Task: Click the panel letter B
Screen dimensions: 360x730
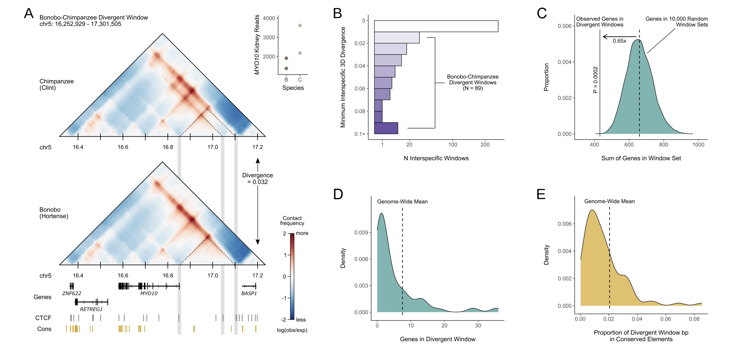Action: click(337, 14)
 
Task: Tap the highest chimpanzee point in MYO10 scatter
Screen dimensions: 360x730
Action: click(300, 25)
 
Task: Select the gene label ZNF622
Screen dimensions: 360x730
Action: click(71, 293)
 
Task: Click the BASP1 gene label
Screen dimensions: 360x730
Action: click(249, 293)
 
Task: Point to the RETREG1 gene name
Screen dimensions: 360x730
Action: click(91, 309)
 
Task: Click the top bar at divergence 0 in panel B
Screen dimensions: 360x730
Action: click(436, 26)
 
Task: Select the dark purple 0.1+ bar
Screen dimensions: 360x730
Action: click(386, 128)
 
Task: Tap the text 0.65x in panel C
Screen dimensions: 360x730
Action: click(619, 41)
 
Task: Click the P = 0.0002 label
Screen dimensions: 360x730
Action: click(595, 80)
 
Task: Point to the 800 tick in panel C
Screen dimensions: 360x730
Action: click(663, 145)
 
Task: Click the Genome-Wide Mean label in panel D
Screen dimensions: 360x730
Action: click(402, 202)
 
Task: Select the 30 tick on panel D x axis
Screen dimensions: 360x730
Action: click(478, 326)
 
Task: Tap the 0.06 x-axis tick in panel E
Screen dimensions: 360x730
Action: click(665, 319)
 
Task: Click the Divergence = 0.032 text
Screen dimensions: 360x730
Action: click(257, 179)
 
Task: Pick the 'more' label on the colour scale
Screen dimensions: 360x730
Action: click(302, 233)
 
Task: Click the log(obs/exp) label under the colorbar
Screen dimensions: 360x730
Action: click(292, 330)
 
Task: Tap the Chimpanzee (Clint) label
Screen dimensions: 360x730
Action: click(56, 85)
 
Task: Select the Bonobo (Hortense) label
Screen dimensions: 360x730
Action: click(54, 213)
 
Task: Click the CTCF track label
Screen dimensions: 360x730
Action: click(43, 318)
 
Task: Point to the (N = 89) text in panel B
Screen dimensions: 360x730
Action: click(472, 88)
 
